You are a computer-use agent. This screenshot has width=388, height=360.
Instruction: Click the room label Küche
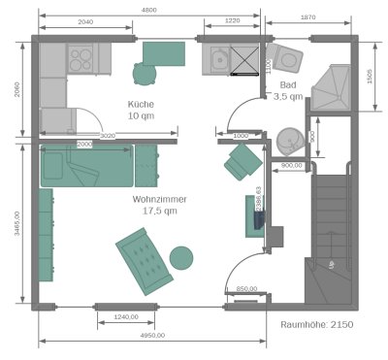coord(141,104)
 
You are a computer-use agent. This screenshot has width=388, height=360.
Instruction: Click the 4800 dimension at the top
coord(148,9)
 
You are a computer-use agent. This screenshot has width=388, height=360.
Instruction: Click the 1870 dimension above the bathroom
coord(308,17)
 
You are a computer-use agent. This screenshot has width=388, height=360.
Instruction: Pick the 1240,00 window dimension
coord(126,316)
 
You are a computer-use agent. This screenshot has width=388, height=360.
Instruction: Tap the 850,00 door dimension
coord(246,288)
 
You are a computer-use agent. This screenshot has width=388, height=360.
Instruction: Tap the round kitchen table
coord(144,73)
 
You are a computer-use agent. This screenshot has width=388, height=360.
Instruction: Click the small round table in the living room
coord(180,258)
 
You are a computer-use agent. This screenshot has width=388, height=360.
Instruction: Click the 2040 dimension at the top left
coord(85,20)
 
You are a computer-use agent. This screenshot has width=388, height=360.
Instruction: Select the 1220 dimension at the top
coord(232,20)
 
